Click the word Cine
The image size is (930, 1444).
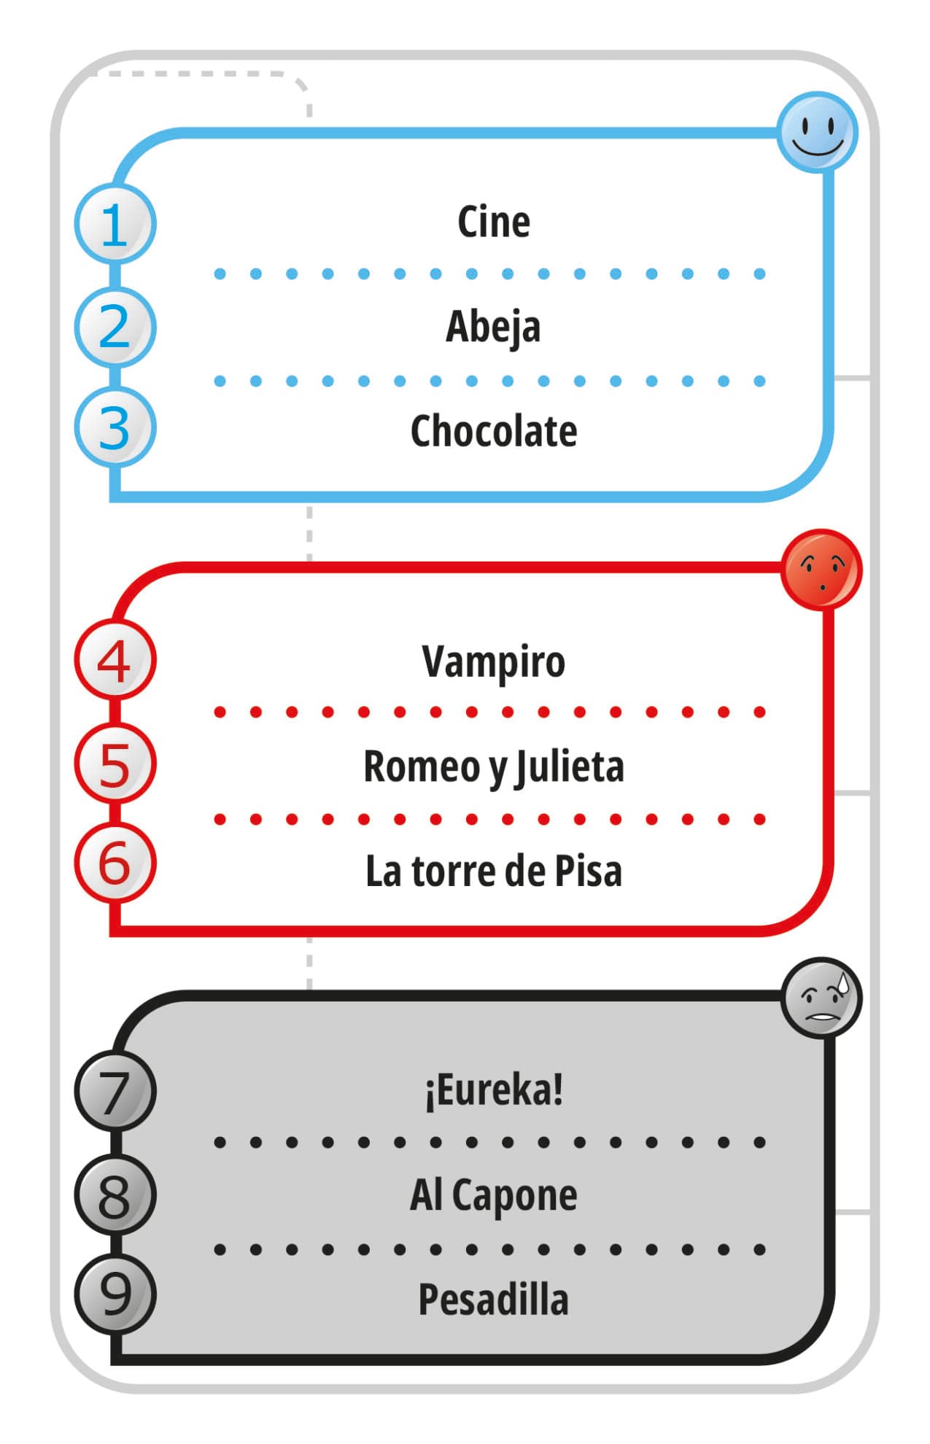click(x=493, y=222)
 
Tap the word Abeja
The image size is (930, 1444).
click(x=493, y=327)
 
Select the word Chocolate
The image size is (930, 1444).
click(x=493, y=431)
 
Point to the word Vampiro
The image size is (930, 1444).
click(x=493, y=662)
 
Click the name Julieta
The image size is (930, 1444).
click(x=570, y=767)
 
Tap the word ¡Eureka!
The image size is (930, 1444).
click(x=493, y=1091)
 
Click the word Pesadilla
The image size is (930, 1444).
click(x=493, y=1300)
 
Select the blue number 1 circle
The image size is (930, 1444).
click(x=115, y=224)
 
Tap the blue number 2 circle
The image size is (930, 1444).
click(x=115, y=327)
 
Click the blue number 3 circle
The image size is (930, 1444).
click(x=115, y=427)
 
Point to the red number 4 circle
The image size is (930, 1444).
click(x=115, y=661)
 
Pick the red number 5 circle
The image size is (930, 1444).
click(x=115, y=764)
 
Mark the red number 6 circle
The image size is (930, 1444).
click(x=115, y=863)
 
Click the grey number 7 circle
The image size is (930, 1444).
click(x=115, y=1092)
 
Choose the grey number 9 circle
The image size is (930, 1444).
click(x=115, y=1294)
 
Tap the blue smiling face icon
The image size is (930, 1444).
click(x=816, y=132)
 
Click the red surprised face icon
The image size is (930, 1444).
click(x=821, y=570)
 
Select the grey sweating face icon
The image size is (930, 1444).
click(x=821, y=998)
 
